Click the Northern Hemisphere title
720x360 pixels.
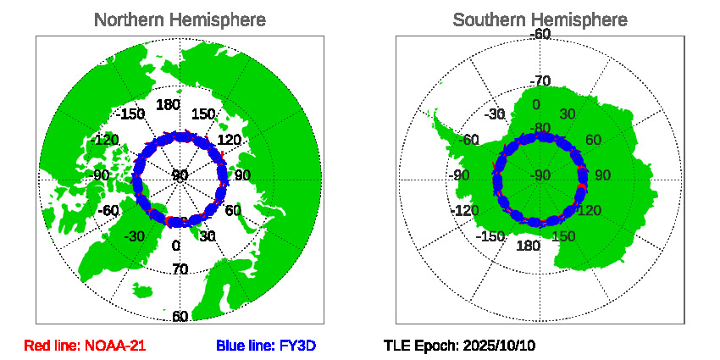(x=179, y=19)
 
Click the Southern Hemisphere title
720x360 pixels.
(x=540, y=19)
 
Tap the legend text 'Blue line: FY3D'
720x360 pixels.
(x=266, y=346)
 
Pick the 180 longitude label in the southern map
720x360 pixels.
(x=529, y=246)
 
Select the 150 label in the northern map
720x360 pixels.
(x=203, y=114)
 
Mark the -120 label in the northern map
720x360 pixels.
(x=107, y=140)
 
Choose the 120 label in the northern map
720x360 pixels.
(x=230, y=140)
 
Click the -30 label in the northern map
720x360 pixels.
(x=133, y=236)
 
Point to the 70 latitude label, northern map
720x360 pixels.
(x=180, y=270)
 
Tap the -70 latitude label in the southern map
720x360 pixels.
(x=540, y=81)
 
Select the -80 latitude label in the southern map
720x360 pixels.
(x=540, y=130)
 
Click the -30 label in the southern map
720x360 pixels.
(x=496, y=115)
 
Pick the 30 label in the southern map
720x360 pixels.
(x=568, y=115)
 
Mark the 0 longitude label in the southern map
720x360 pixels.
(x=536, y=105)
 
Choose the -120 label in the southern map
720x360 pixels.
(x=469, y=210)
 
